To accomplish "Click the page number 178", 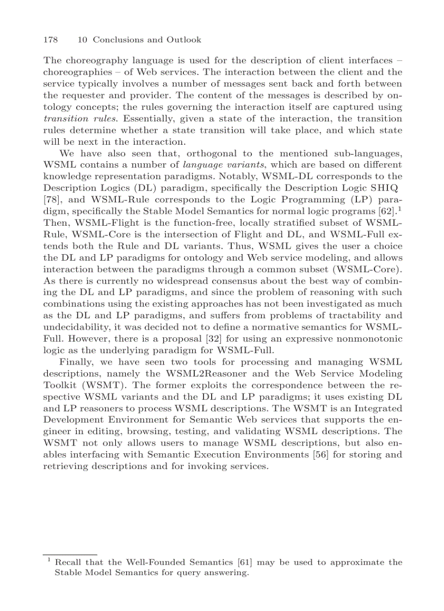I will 50,40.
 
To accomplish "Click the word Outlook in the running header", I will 183,40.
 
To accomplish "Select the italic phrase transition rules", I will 73,119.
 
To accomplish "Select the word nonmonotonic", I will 365,338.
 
